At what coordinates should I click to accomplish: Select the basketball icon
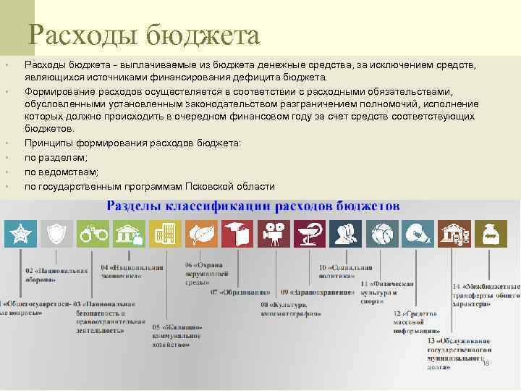coord(383,234)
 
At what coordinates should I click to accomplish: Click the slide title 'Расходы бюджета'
coord(143,34)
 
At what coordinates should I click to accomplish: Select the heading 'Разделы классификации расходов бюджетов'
coord(253,206)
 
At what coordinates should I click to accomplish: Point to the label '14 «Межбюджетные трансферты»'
coord(485,295)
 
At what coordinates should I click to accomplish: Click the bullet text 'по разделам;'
coord(56,157)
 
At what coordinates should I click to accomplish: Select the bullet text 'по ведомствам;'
coord(62,172)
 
